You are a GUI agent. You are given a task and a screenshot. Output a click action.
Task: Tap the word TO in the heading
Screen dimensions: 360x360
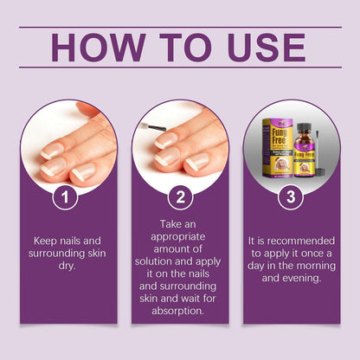179,47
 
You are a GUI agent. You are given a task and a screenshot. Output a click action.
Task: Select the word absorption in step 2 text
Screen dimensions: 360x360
181,306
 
